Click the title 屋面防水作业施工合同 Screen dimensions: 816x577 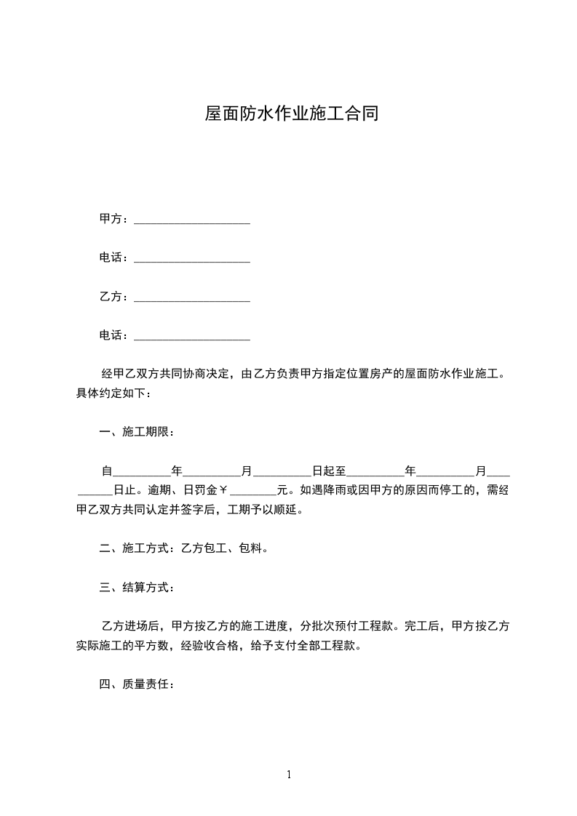click(x=291, y=114)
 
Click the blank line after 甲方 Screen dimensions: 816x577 click(x=192, y=220)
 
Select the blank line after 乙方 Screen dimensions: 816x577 click(x=192, y=297)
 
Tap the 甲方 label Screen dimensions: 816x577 click(x=111, y=219)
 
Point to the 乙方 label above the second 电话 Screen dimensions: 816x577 click(x=111, y=297)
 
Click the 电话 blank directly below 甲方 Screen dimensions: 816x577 click(x=192, y=259)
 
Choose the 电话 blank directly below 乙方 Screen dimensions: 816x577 click(x=192, y=337)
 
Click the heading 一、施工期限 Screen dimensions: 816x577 click(x=137, y=432)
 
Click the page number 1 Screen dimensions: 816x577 click(x=289, y=775)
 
